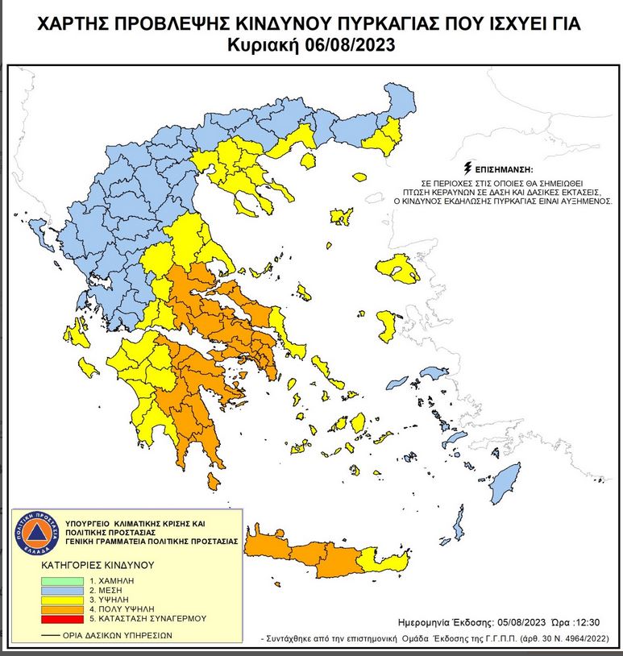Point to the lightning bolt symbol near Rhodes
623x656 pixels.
(462, 513)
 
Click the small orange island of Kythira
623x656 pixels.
(214, 481)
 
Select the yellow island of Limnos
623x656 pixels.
(342, 216)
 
